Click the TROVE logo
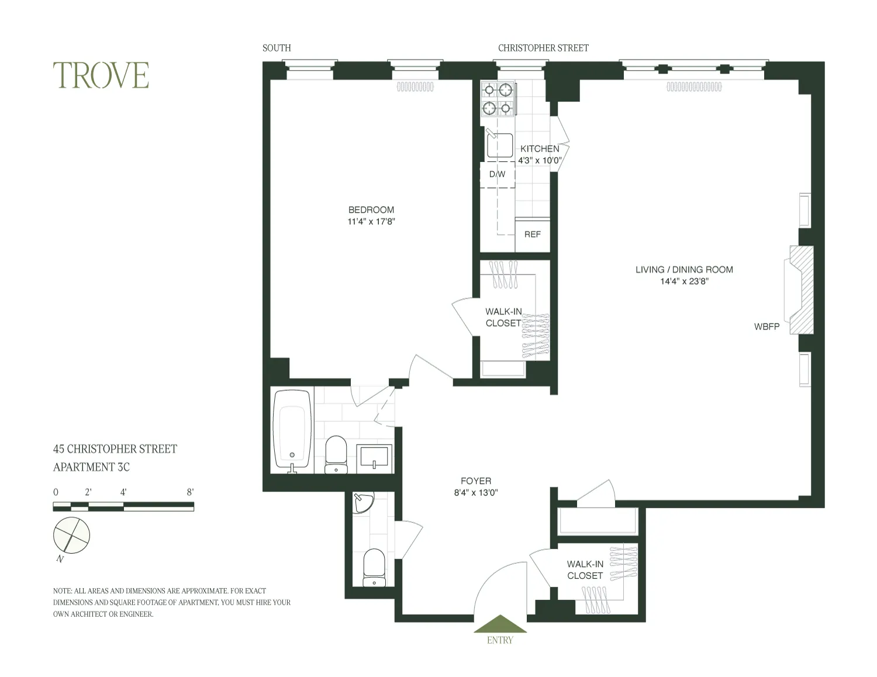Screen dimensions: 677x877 (101, 75)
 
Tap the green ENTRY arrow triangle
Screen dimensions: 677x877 (500, 624)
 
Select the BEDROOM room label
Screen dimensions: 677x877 (371, 210)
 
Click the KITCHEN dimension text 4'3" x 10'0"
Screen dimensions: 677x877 (540, 160)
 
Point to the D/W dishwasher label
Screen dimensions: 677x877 (497, 174)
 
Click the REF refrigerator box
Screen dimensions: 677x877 (532, 234)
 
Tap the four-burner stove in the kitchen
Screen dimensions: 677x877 (498, 98)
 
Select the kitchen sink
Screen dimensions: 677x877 (499, 145)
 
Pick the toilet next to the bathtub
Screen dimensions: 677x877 (336, 454)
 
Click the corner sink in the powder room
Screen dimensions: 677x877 (363, 504)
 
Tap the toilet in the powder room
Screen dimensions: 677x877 (374, 567)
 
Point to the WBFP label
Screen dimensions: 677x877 (766, 327)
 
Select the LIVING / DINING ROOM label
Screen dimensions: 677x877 (684, 269)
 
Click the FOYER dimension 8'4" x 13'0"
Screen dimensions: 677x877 (476, 492)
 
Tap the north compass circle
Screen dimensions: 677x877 (72, 534)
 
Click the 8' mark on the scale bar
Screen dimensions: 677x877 (190, 492)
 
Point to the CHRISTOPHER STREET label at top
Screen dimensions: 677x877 (543, 48)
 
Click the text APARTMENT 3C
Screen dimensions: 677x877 (91, 467)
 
